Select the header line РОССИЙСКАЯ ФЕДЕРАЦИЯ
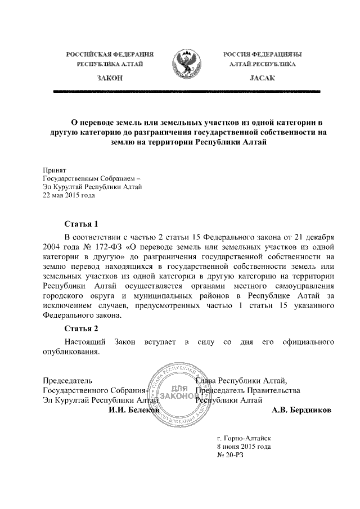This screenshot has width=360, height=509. coord(110,54)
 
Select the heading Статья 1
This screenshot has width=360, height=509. coord(82,223)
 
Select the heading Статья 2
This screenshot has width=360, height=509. coord(82,328)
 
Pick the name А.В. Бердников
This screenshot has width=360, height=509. coord(301,411)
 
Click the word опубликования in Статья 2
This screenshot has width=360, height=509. coord(71,352)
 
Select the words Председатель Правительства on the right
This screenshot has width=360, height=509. coord(247,390)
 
